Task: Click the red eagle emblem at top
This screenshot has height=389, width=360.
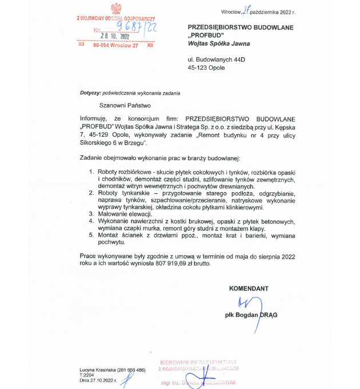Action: click(x=116, y=9)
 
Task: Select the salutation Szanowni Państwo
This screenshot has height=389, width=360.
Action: click(x=123, y=105)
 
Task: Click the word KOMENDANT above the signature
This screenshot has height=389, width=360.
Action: click(x=249, y=288)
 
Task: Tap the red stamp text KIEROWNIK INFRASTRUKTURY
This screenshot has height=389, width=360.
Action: click(x=198, y=363)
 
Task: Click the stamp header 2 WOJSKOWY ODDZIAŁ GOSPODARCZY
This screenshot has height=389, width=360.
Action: click(x=116, y=18)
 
